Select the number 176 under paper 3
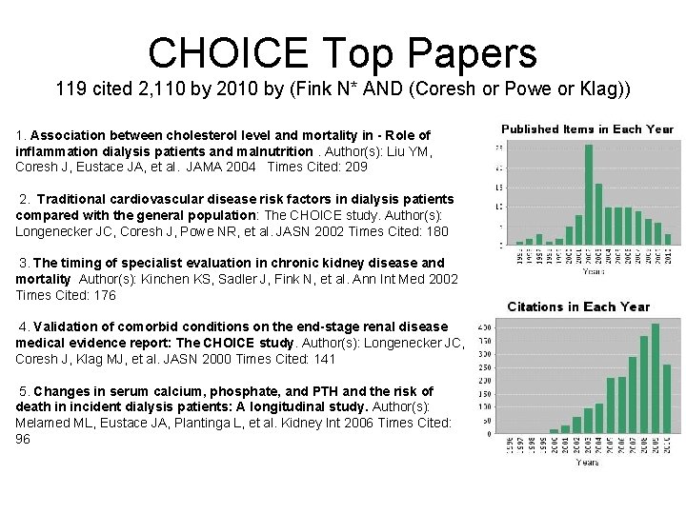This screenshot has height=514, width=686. [104, 295]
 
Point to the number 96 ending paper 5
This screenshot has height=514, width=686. [23, 439]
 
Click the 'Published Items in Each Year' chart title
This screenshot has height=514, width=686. [587, 129]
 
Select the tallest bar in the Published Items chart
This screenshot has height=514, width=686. [588, 195]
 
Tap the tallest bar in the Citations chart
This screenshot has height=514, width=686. [655, 378]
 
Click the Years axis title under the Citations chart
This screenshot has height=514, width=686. [587, 462]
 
